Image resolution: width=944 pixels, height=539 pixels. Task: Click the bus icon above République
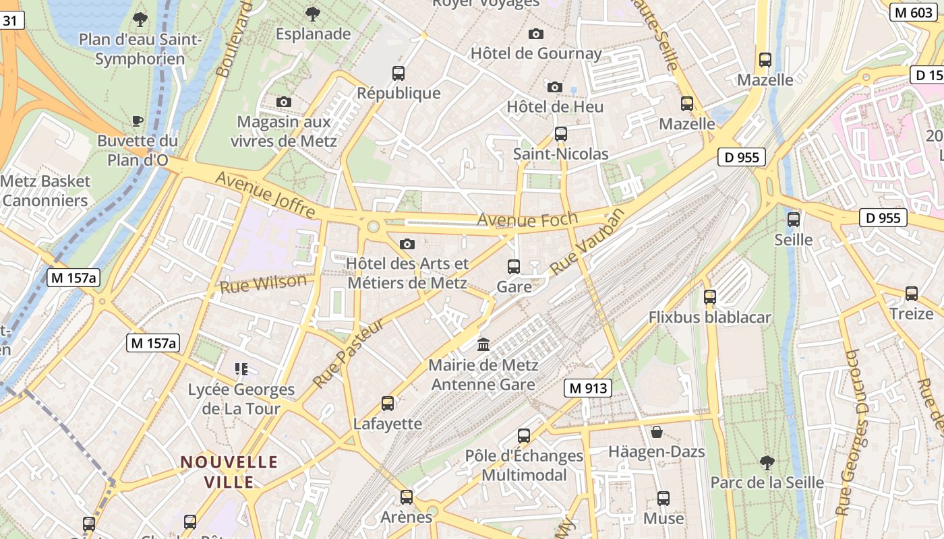point(399,73)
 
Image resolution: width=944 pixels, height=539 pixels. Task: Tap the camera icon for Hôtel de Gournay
point(536,34)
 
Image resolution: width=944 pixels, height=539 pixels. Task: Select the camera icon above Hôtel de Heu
point(555,87)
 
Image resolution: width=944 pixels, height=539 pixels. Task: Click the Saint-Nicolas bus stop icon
point(561,134)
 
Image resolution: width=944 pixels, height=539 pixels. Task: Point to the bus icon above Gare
point(514,267)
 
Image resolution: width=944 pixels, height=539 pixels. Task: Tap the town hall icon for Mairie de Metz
point(483,345)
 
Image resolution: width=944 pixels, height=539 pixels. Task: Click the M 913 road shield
point(588,388)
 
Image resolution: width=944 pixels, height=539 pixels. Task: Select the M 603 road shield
point(913,13)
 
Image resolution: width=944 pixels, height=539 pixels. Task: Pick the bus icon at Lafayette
point(388,404)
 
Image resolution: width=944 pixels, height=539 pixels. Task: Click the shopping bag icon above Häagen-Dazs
point(657,431)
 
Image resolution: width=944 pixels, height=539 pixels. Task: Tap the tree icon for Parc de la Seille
point(767,462)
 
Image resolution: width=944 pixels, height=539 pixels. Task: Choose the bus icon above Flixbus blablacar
point(709,297)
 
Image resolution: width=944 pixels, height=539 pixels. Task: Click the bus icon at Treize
point(912,294)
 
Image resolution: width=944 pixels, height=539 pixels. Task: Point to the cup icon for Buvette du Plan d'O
point(138,121)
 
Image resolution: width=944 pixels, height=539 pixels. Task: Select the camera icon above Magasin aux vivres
point(284,102)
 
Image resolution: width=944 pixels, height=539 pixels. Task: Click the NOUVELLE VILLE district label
point(229,472)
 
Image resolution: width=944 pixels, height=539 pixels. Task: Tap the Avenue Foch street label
point(527,220)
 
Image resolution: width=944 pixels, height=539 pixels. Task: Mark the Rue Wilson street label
point(263,284)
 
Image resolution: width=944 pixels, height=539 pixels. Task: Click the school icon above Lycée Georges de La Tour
point(241,369)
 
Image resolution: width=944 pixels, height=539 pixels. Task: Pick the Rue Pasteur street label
point(348,353)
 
